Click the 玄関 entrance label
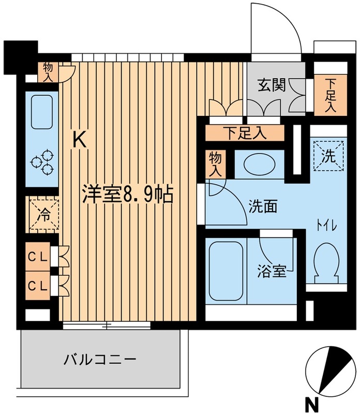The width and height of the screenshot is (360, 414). coord(272,85)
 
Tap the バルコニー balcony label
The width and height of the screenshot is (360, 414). coord(100,359)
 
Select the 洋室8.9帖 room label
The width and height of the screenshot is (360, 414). coord(126,194)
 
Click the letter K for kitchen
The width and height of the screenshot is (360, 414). coord(79,139)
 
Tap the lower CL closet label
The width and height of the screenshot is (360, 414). coord(38,285)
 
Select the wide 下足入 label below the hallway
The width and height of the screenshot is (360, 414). coord(246,134)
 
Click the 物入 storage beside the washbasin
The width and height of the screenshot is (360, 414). coord(215,164)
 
